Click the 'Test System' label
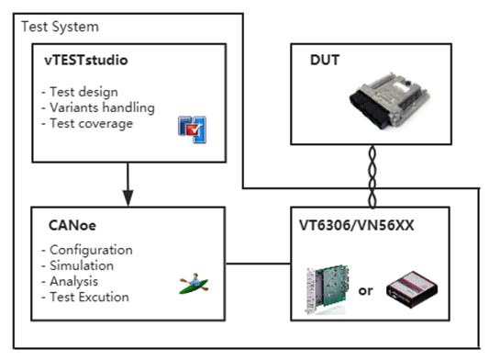coord(60,27)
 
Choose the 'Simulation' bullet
coord(81,265)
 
